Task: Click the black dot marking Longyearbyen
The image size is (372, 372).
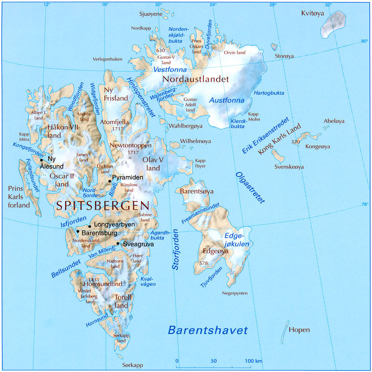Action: [x=90, y=226]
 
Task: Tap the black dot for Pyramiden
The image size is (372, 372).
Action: [x=110, y=181]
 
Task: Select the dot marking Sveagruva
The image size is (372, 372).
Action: [x=118, y=244]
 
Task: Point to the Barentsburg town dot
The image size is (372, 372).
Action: [x=78, y=232]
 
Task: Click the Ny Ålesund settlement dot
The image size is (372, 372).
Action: [x=41, y=160]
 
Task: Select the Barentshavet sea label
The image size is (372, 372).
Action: [x=207, y=330]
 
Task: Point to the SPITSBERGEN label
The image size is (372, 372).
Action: [x=103, y=206]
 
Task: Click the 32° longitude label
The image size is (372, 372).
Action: [x=329, y=5]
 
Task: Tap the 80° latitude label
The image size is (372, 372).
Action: [x=364, y=41]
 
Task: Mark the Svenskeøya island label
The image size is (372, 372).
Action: [x=289, y=167]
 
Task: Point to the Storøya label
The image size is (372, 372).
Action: [x=284, y=56]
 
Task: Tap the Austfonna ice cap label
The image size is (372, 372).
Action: [x=227, y=100]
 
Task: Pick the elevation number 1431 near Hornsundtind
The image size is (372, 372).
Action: [x=95, y=279]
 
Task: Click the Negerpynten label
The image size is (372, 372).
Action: [x=234, y=293]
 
